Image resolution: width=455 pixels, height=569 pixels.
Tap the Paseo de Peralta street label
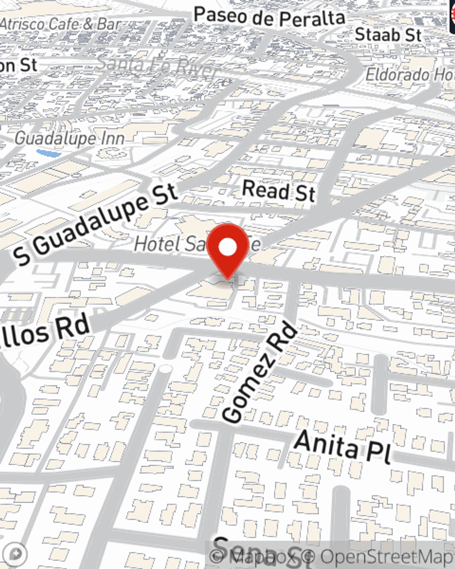pos(269,17)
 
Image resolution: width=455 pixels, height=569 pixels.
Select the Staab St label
pos(388,35)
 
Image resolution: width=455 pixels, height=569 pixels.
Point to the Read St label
pos(278,190)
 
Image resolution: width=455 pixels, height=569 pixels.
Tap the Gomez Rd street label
pos(260,372)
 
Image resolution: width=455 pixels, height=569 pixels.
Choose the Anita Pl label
pos(343,446)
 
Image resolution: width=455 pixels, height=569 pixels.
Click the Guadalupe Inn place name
pos(69,138)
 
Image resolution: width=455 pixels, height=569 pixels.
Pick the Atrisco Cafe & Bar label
pos(61,24)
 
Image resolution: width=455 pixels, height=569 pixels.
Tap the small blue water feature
pos(49,153)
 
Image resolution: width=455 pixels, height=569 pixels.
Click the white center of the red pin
pos(227,247)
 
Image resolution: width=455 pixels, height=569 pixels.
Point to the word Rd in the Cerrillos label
pos(73,327)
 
